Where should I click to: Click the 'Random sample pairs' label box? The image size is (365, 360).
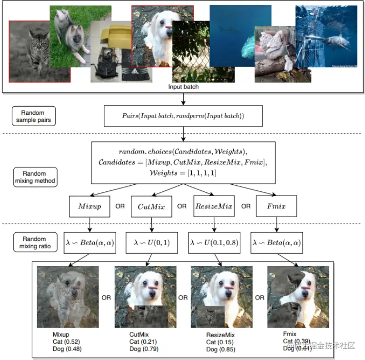click(33, 116)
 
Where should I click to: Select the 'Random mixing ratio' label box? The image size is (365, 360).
click(33, 242)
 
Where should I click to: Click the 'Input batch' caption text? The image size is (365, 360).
click(183, 87)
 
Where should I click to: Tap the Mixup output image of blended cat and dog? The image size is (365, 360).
click(68, 296)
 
